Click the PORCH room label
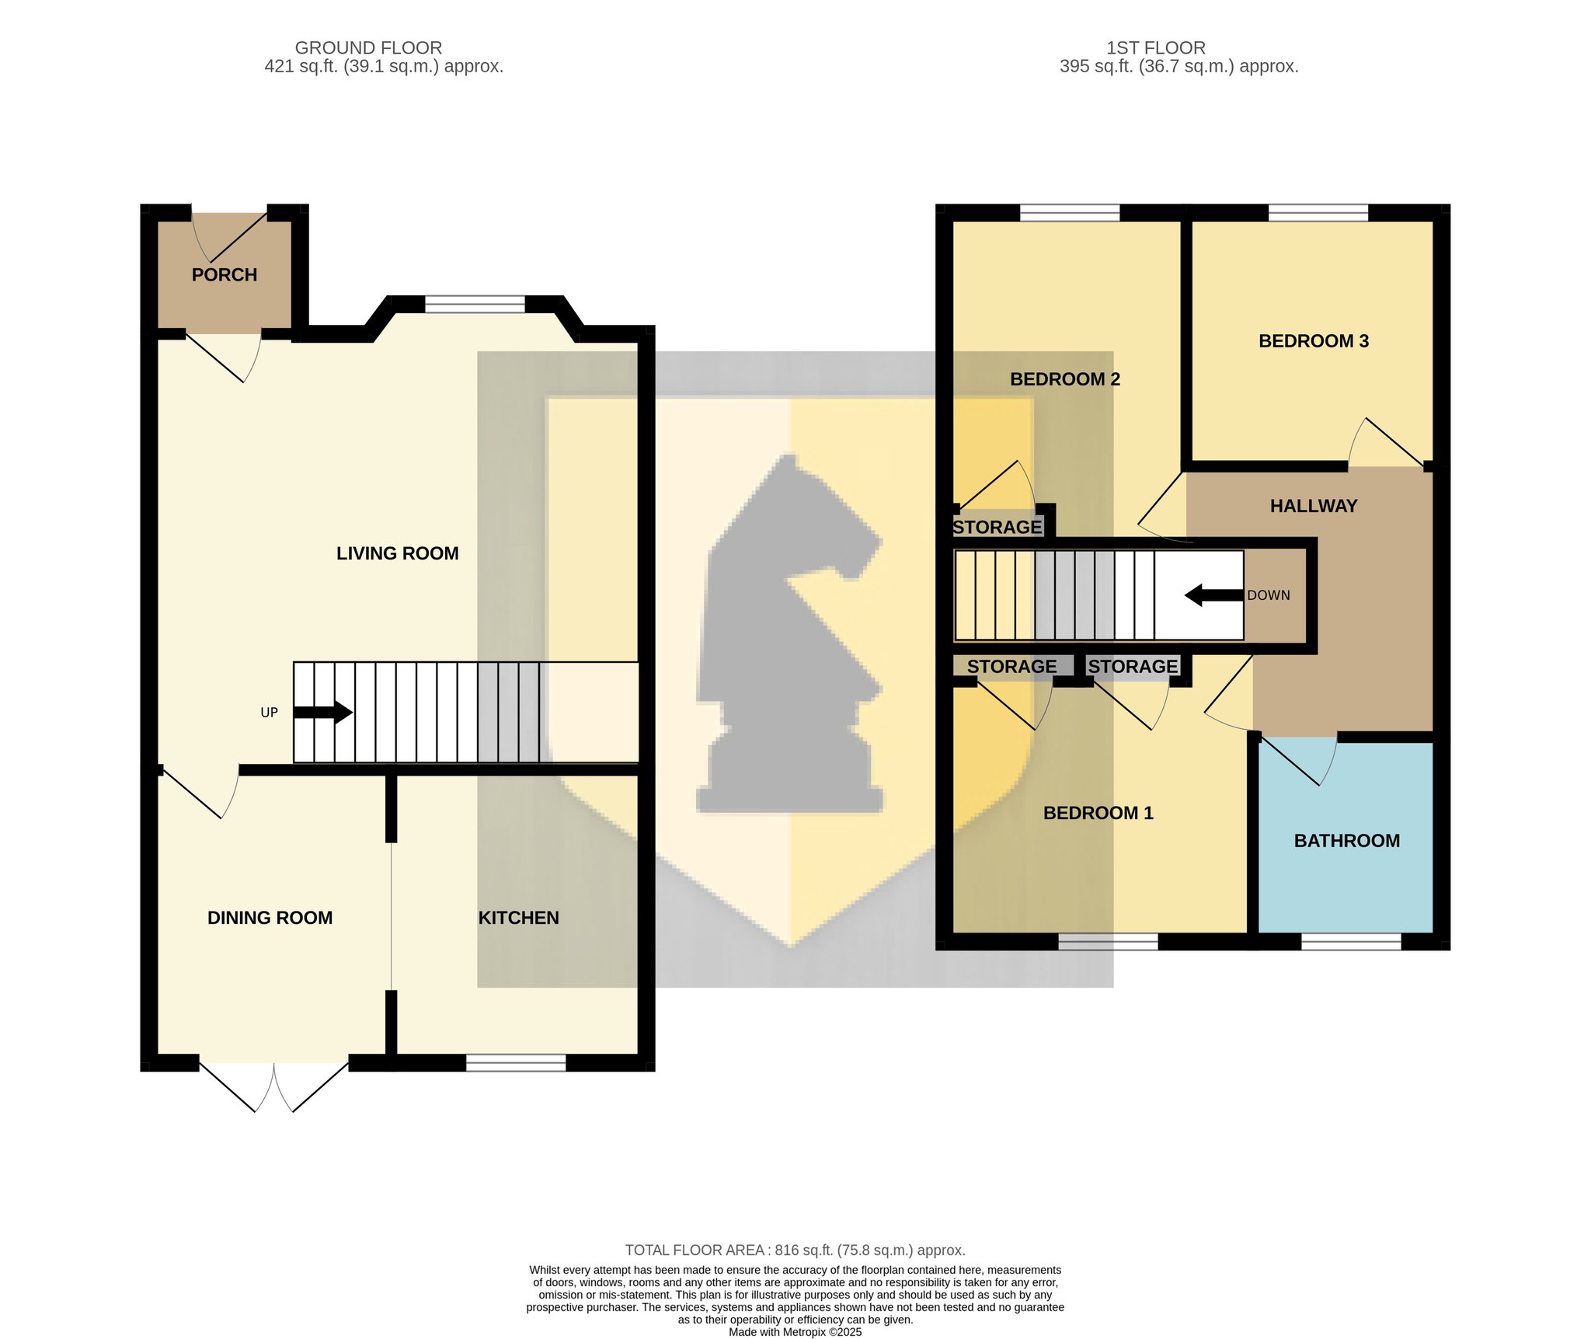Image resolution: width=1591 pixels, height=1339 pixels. (x=225, y=275)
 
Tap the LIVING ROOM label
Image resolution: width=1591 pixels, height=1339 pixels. (x=397, y=553)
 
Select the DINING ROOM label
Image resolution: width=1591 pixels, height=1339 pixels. (x=270, y=918)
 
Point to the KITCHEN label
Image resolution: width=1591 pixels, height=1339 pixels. (x=518, y=918)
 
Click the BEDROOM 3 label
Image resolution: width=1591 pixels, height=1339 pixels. (x=1314, y=341)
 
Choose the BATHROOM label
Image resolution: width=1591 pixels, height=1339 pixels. (x=1347, y=841)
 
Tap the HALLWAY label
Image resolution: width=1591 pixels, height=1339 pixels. (x=1314, y=506)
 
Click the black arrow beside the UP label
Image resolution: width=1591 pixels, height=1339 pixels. (x=323, y=712)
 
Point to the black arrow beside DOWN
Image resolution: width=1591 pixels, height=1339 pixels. (x=1213, y=596)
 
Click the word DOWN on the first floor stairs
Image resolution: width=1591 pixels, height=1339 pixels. (x=1269, y=595)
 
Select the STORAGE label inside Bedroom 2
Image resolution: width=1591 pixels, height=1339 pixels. (x=997, y=528)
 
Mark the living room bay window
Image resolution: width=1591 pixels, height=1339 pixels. (x=475, y=304)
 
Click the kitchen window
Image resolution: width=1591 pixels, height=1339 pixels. (x=516, y=1062)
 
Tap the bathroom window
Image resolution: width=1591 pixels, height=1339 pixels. (x=1351, y=941)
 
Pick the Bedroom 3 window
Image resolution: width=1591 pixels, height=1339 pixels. (x=1318, y=212)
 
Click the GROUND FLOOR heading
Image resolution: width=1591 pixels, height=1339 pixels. (x=368, y=48)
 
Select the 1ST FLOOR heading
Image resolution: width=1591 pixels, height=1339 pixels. (x=1156, y=48)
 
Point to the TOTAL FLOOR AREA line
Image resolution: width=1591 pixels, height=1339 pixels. (x=795, y=1250)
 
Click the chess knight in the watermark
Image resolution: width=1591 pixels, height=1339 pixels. (x=790, y=633)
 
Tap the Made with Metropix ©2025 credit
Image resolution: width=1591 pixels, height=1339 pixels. (x=795, y=1332)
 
